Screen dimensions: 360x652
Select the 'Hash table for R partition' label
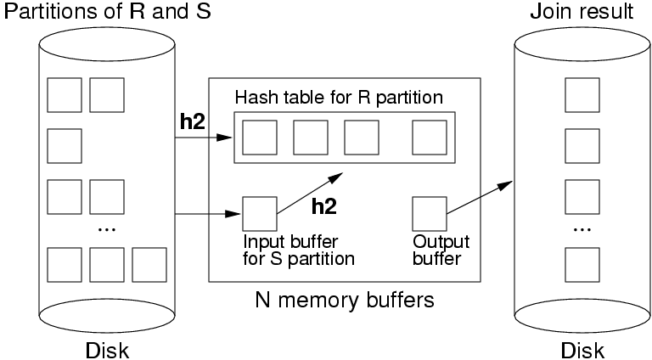(339, 97)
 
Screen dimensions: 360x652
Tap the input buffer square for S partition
(259, 214)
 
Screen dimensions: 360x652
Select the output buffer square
(429, 214)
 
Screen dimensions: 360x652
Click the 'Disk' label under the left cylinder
(108, 350)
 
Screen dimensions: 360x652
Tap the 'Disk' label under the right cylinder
(582, 350)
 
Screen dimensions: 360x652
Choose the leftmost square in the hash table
(259, 138)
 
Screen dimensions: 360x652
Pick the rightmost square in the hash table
(429, 138)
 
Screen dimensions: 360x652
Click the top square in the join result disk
(582, 93)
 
